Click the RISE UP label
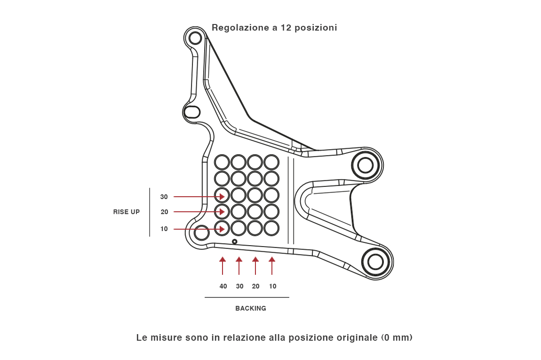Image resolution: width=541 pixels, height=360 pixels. [x=126, y=212]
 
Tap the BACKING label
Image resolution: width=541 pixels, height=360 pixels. [x=251, y=309]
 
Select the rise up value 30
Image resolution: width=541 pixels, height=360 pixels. [x=164, y=197]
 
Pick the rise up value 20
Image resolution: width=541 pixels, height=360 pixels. [x=164, y=212]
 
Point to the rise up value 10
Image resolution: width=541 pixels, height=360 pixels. [x=164, y=229]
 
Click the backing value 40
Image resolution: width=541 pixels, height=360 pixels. [x=223, y=286]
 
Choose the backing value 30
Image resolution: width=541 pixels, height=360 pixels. [x=239, y=286]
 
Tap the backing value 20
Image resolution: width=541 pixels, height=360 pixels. [x=255, y=286]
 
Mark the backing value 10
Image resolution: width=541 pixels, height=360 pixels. [x=272, y=286]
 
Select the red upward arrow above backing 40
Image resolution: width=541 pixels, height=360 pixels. [x=223, y=265]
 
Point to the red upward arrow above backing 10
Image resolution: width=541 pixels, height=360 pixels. [x=272, y=265]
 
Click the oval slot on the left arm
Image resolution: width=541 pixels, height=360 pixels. [x=192, y=112]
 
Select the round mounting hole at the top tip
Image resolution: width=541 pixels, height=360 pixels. [x=195, y=38]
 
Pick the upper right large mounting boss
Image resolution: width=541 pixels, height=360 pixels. [x=366, y=165]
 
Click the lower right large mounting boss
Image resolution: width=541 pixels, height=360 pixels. [x=375, y=262]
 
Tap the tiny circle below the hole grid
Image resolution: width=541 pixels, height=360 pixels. [x=234, y=242]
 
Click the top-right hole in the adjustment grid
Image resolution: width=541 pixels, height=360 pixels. [x=271, y=162]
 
